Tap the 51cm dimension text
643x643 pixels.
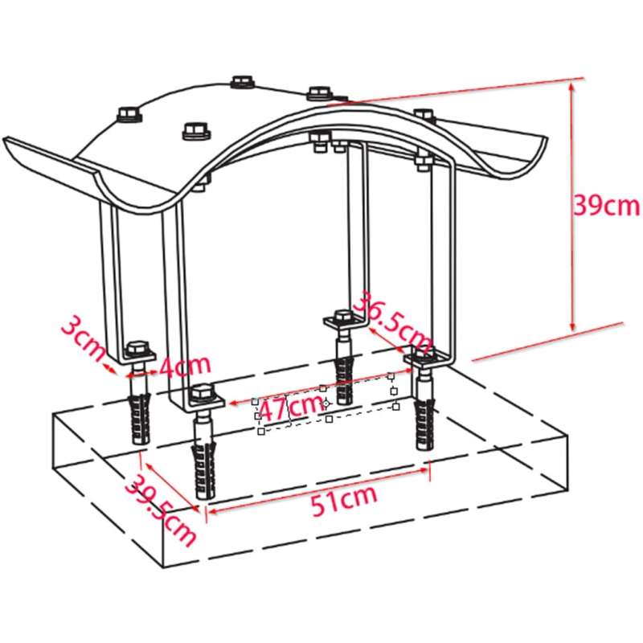[344, 500]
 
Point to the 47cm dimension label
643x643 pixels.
[290, 407]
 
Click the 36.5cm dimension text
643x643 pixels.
[392, 324]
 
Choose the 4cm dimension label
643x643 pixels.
[185, 365]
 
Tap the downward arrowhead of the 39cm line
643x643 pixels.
[573, 326]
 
